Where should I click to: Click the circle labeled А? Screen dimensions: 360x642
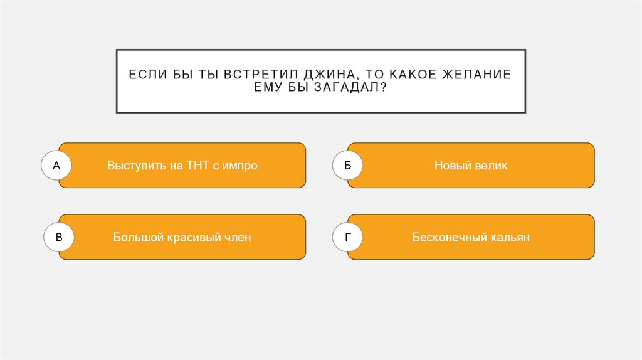(56, 166)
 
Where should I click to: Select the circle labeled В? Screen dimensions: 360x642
(59, 238)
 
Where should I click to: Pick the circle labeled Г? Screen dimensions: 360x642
(348, 238)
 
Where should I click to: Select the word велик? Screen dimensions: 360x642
(491, 166)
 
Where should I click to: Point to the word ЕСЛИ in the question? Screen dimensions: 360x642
(145, 75)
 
